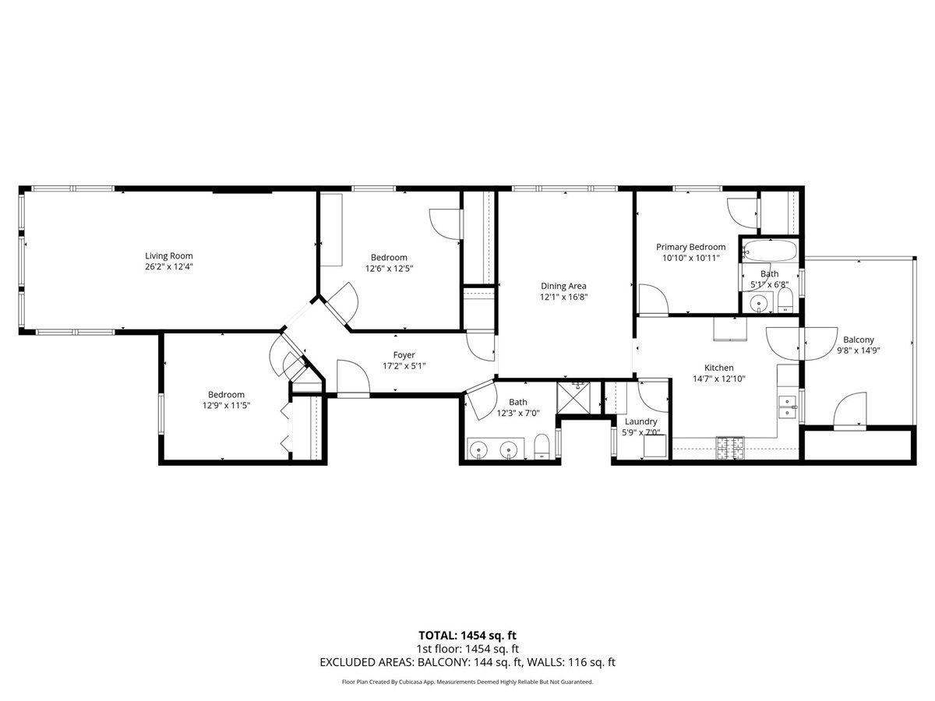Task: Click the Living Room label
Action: pos(169,255)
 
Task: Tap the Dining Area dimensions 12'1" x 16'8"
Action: pos(563,297)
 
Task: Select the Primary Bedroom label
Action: pos(690,247)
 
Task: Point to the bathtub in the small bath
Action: pos(770,251)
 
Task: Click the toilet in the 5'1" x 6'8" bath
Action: pos(785,301)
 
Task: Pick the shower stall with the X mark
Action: pos(573,398)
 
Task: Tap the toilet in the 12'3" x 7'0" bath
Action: pos(542,446)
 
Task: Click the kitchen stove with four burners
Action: pos(730,448)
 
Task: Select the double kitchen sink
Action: pos(788,407)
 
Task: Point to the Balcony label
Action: pos(859,340)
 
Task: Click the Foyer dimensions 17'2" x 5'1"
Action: pos(404,365)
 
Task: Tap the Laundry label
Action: pos(640,421)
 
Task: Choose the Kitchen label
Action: pos(718,368)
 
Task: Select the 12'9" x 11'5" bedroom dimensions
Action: pos(226,406)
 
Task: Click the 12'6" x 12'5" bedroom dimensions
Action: pos(389,269)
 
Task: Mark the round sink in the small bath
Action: pos(758,304)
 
